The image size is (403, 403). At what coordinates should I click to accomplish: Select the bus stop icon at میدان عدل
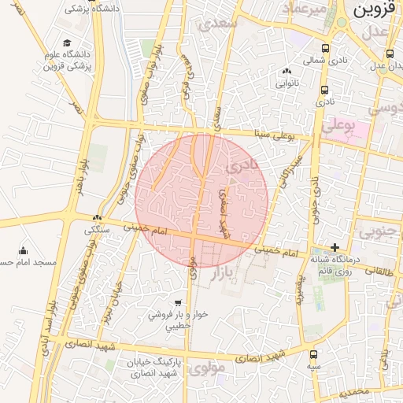coord(390,54)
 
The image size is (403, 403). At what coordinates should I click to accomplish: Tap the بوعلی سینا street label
coord(274,135)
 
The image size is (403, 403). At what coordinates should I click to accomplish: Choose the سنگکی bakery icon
coord(98,218)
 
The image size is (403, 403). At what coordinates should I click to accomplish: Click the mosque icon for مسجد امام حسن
coord(23,250)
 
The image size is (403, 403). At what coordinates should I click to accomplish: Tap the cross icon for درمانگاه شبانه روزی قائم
coord(336,248)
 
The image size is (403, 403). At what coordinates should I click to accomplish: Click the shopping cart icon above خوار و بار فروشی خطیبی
coord(178,302)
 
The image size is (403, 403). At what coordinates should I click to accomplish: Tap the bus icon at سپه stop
coord(313,354)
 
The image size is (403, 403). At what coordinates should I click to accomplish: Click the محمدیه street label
coord(349,390)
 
